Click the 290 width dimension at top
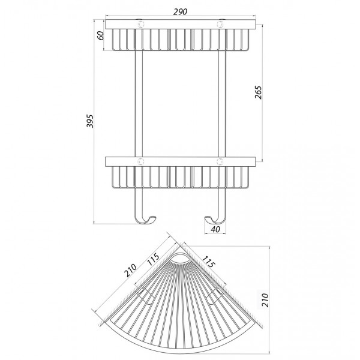pos(180,12)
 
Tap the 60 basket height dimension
pos(101,35)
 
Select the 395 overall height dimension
pos(90,121)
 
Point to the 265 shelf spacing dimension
pos(258,92)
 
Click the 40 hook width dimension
pos(215,229)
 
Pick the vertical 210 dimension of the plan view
pos(265,300)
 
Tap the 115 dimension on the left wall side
pos(153,259)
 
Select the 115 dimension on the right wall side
pos(208,262)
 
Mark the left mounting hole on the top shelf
pos(140,24)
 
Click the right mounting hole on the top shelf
pos(220,24)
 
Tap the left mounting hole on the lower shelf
pos(140,161)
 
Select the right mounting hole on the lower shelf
pos(220,161)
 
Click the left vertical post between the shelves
pos(139,104)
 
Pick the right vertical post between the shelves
pos(222,104)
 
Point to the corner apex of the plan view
pos(181,246)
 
